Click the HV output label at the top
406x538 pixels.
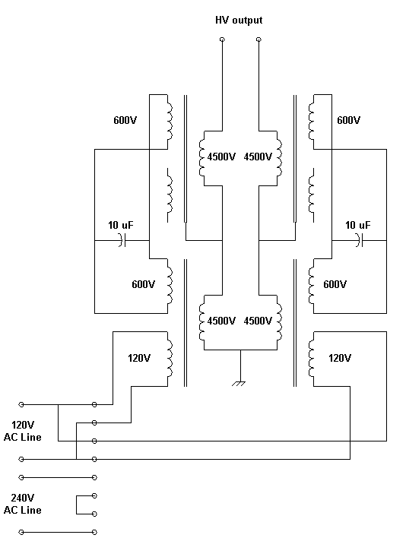(239, 20)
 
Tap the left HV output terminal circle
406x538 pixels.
(222, 40)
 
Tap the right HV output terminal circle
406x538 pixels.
(259, 40)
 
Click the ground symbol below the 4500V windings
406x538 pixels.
(239, 383)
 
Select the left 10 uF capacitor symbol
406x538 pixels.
(122, 240)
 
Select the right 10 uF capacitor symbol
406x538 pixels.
(359, 240)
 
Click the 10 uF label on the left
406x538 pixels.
(120, 225)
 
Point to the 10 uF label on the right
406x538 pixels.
(357, 225)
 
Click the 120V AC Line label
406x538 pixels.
(23, 431)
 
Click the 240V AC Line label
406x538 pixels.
(23, 504)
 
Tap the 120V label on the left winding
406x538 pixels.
(139, 358)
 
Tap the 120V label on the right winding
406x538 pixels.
(340, 358)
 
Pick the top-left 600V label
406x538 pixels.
(125, 120)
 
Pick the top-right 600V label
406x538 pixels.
(349, 120)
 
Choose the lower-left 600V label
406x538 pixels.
(144, 284)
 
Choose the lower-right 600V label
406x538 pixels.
(335, 284)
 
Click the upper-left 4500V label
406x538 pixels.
(221, 157)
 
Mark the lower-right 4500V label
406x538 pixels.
(258, 321)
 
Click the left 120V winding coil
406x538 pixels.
(170, 359)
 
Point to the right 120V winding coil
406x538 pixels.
(311, 359)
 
